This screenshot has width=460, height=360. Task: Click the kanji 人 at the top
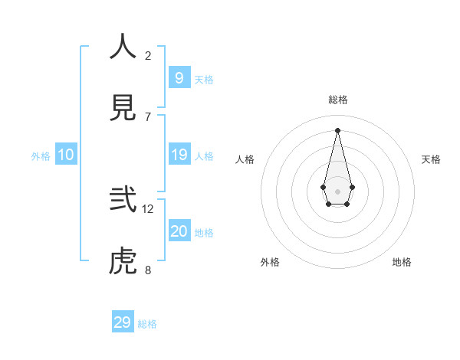(x=123, y=47)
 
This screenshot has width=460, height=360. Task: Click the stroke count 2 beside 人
(x=148, y=56)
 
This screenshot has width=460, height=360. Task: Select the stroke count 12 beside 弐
(x=148, y=208)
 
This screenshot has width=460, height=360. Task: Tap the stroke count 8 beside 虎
(x=148, y=270)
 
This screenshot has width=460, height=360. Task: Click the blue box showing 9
(x=179, y=77)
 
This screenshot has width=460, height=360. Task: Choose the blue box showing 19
(x=179, y=155)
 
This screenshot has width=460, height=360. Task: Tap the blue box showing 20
(x=179, y=231)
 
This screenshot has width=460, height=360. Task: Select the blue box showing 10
(x=66, y=155)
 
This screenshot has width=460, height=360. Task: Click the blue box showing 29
(x=123, y=322)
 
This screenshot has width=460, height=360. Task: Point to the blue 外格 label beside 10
(x=41, y=156)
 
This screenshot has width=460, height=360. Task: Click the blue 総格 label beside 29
(x=147, y=324)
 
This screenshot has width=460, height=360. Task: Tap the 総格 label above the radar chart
(x=338, y=100)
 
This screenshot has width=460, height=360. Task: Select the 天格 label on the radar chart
(x=432, y=159)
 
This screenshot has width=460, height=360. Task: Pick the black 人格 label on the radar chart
(x=245, y=159)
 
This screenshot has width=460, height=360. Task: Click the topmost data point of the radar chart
(x=337, y=129)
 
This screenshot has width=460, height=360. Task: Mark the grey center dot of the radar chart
(x=337, y=191)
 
